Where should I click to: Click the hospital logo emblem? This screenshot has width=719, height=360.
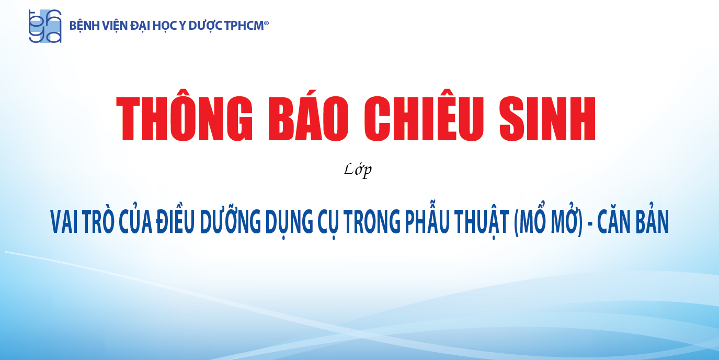click(x=45, y=26)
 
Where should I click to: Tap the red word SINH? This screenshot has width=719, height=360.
click(x=547, y=118)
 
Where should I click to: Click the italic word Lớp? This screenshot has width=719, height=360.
click(x=357, y=170)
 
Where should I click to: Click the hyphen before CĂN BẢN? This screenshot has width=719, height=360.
click(x=590, y=223)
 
